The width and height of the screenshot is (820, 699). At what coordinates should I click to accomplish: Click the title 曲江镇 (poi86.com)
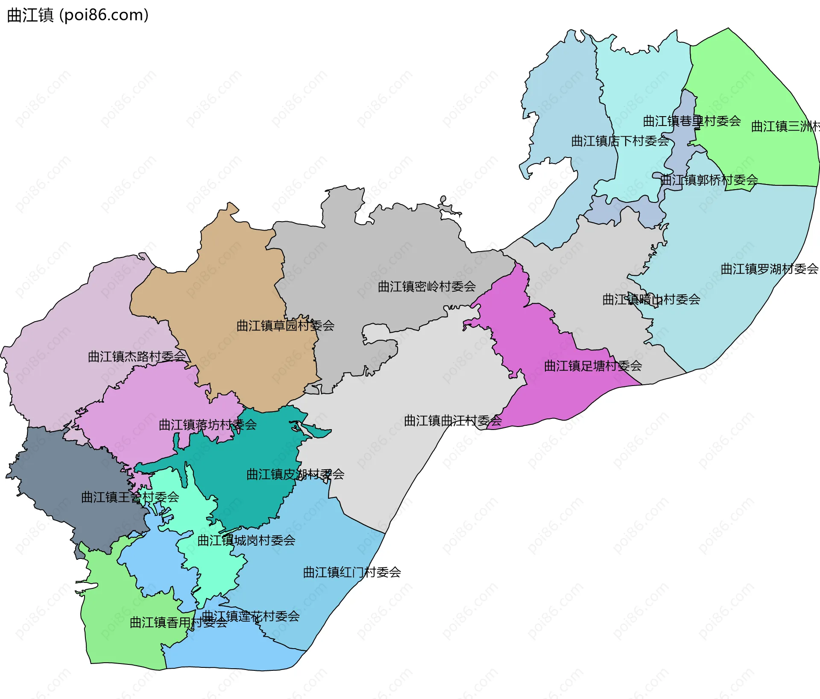78,15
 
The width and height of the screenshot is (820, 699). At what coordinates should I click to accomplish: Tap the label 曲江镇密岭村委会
427,287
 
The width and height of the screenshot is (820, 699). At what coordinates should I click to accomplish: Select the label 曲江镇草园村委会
285,326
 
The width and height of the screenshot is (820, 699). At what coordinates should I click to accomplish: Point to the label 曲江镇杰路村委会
137,357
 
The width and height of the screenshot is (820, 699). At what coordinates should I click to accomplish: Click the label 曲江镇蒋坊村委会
208,425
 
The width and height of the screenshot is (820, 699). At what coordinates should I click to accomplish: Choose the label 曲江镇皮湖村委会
295,474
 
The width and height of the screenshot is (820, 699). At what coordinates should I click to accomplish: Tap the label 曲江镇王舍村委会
130,497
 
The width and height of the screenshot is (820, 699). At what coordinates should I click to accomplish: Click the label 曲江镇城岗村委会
246,541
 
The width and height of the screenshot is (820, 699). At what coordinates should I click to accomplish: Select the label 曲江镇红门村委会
352,573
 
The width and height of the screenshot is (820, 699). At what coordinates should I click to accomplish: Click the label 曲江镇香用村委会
179,623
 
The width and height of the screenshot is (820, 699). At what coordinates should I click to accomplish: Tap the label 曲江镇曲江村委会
453,421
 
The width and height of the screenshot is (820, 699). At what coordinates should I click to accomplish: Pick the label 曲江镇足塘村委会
593,366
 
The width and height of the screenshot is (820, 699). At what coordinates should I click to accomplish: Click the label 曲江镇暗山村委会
651,300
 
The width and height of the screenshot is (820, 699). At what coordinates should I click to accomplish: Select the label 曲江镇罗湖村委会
770,269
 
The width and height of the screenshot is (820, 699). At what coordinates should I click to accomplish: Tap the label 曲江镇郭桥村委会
709,180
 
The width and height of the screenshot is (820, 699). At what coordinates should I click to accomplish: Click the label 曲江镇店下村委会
620,141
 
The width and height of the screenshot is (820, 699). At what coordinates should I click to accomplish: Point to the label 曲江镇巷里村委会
692,121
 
